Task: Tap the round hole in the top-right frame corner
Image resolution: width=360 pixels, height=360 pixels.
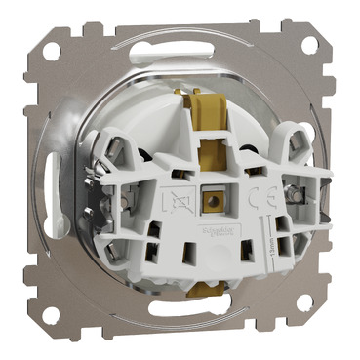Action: (311, 46)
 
